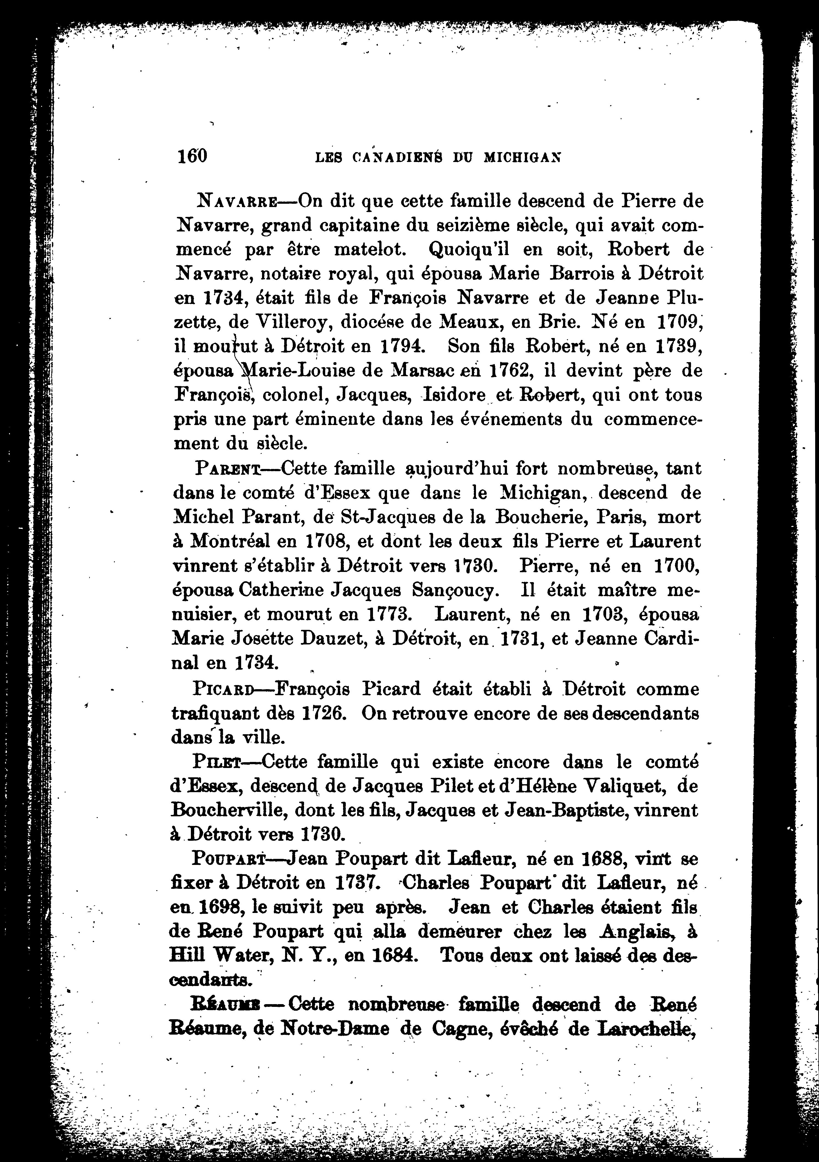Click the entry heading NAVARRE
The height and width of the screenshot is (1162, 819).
coord(236,202)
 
